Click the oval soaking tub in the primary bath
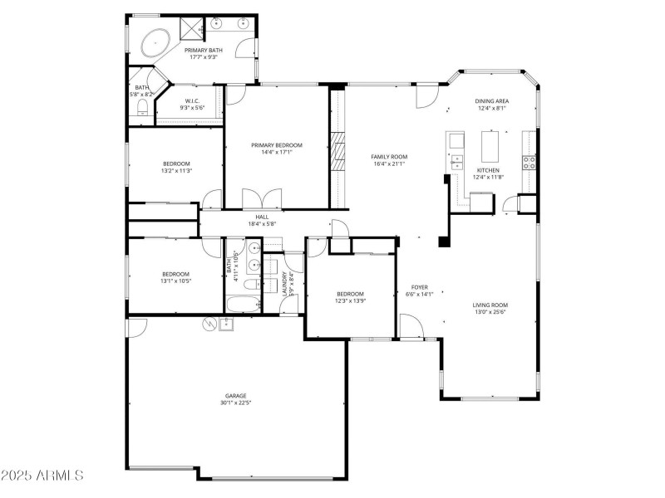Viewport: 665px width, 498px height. point(154,42)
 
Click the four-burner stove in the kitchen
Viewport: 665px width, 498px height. point(527,160)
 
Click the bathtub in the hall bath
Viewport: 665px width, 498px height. point(244,305)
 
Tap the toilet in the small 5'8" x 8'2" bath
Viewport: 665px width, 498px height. point(141,110)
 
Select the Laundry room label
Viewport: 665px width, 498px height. point(284,285)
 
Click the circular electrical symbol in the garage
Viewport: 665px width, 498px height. point(209,324)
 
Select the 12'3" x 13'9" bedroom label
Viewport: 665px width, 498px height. point(350,301)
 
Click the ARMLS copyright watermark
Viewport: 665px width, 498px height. point(42,476)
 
